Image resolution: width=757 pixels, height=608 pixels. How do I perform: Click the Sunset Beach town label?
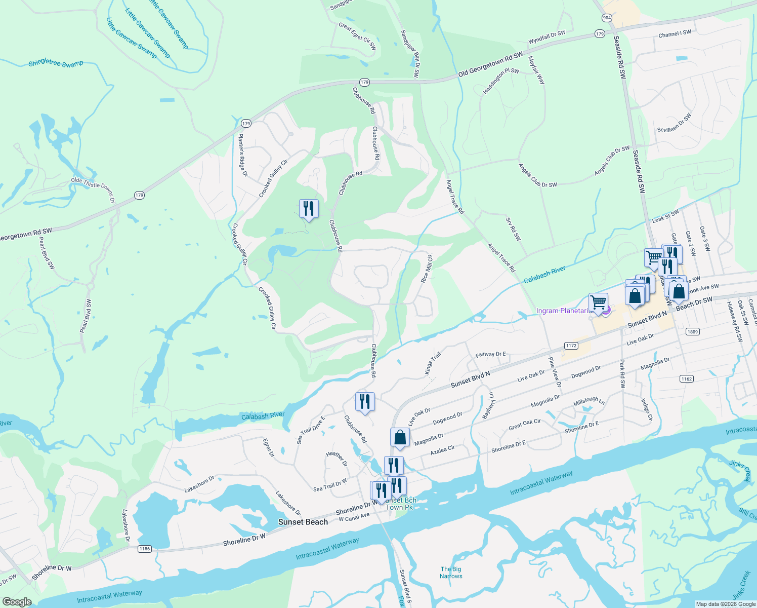point(303,522)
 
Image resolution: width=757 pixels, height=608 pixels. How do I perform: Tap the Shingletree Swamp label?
point(56,63)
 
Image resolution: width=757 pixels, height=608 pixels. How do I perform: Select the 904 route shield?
point(607,18)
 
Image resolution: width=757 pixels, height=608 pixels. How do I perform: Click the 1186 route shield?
point(145,549)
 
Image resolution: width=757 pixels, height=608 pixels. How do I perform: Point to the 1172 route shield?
point(571,346)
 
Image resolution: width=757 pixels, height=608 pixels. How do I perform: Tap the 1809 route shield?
point(692,332)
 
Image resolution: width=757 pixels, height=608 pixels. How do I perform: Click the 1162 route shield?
point(686,378)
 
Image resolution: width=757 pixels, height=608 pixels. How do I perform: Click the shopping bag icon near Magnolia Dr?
point(400,437)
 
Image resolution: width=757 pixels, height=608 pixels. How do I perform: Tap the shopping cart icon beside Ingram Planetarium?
point(598,302)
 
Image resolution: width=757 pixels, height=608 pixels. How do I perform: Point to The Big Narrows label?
point(450,573)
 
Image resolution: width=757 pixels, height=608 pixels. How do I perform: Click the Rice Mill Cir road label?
point(427,269)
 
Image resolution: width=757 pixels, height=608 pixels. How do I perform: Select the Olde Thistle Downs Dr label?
point(93,190)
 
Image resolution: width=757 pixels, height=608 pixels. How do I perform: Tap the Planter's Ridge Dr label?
point(243,155)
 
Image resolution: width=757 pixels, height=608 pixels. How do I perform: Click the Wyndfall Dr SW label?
point(547,37)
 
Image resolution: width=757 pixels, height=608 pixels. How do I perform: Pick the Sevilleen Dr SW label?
point(674,123)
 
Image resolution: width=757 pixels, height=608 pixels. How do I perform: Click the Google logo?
point(17,601)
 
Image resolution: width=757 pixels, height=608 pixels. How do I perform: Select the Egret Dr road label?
point(268,448)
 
